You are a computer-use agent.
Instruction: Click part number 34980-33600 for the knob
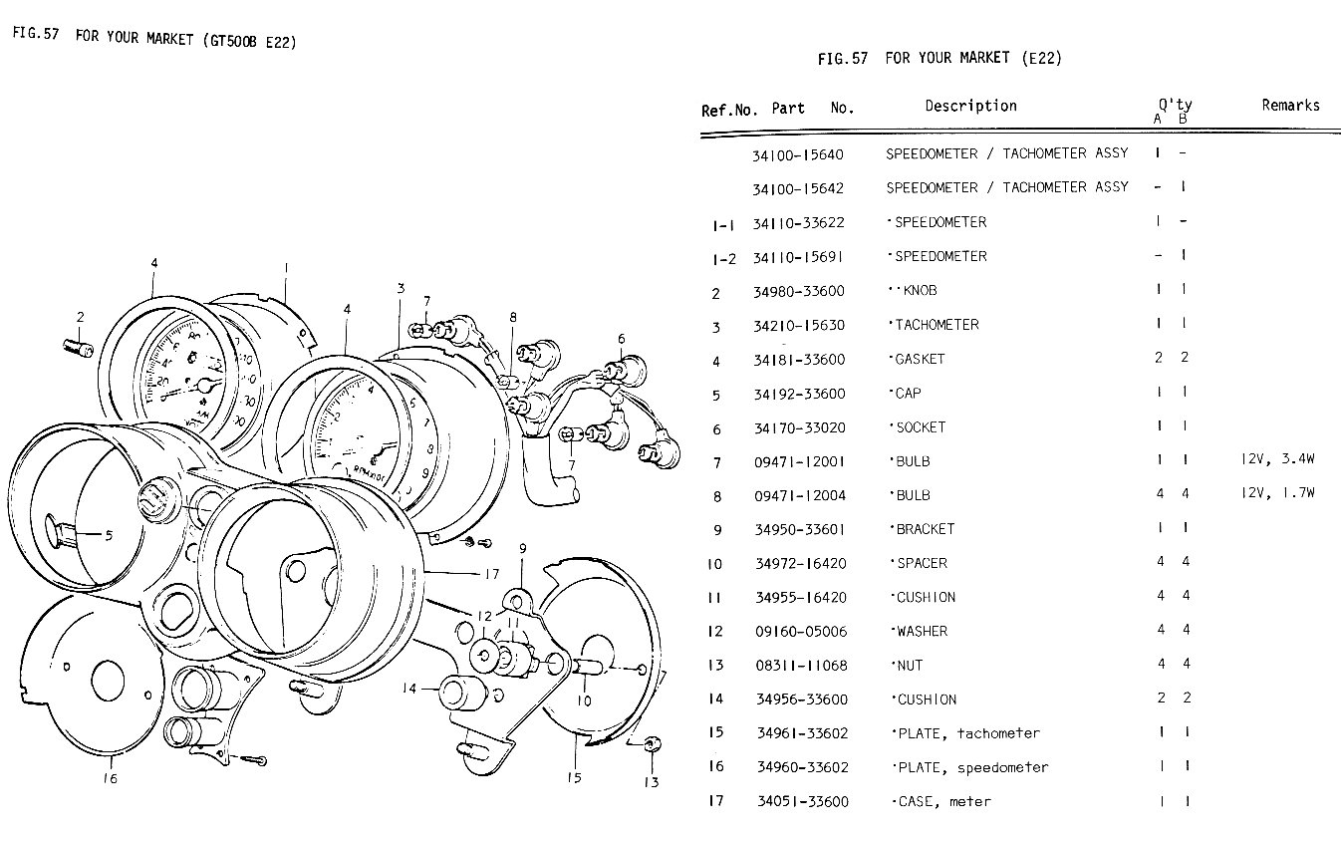pyautogui.click(x=800, y=291)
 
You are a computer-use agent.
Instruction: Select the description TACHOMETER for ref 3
pyautogui.click(x=937, y=325)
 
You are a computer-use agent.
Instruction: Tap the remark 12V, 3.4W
pyautogui.click(x=1277, y=460)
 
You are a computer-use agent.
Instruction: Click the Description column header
pyautogui.click(x=970, y=106)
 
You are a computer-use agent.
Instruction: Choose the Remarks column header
pyautogui.click(x=1290, y=105)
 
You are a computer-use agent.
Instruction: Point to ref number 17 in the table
pyautogui.click(x=715, y=800)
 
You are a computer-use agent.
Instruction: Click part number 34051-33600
pyautogui.click(x=802, y=801)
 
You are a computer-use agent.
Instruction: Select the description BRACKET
pyautogui.click(x=925, y=529)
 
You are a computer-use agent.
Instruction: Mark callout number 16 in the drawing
pyautogui.click(x=110, y=778)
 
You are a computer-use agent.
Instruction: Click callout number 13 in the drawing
pyautogui.click(x=651, y=782)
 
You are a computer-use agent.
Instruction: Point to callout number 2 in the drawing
pyautogui.click(x=81, y=317)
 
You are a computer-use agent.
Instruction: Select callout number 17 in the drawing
pyautogui.click(x=491, y=574)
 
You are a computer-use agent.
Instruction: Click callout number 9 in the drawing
pyautogui.click(x=521, y=549)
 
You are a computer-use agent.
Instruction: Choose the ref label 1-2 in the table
pyautogui.click(x=724, y=258)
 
